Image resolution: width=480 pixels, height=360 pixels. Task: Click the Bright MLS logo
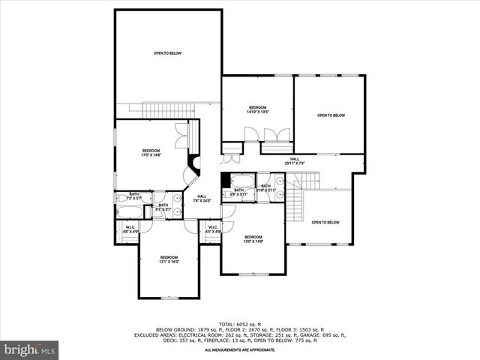point(30,349)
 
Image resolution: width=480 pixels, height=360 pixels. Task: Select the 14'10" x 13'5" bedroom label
point(257,109)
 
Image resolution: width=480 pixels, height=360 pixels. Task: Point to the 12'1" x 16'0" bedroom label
point(169,259)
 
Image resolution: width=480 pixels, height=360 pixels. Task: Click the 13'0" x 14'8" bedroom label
point(253,239)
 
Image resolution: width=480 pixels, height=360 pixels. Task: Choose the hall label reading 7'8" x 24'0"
point(202,198)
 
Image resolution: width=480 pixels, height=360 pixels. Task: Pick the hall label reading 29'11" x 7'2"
point(295,160)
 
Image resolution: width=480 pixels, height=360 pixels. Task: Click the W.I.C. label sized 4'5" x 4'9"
point(212,229)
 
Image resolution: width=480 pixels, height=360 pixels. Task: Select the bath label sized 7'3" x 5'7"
point(134,196)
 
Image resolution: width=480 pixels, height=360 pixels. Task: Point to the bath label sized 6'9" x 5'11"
point(238,192)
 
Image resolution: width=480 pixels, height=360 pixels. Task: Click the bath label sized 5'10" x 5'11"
point(265,187)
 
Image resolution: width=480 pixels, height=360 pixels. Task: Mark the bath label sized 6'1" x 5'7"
point(163,207)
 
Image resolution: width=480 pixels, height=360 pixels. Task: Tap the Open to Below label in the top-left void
point(168,53)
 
